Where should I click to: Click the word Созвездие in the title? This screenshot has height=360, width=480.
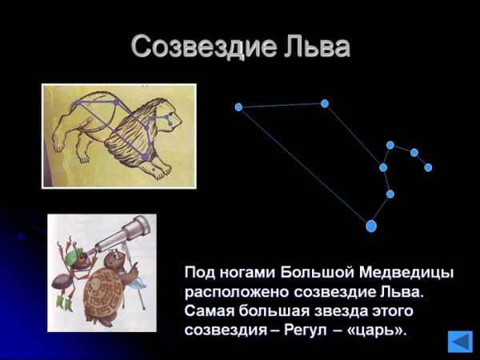click(204, 46)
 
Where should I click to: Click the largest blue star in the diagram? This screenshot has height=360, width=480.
click(371, 226)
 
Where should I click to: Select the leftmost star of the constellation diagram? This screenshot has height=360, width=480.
click(238, 107)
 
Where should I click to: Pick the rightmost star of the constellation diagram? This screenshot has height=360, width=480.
click(428, 167)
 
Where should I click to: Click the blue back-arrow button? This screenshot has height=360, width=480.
click(460, 341)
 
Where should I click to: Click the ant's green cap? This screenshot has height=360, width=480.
click(74, 254)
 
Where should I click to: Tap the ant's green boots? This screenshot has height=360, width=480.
click(65, 303)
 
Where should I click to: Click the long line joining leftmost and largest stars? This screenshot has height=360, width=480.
click(305, 166)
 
